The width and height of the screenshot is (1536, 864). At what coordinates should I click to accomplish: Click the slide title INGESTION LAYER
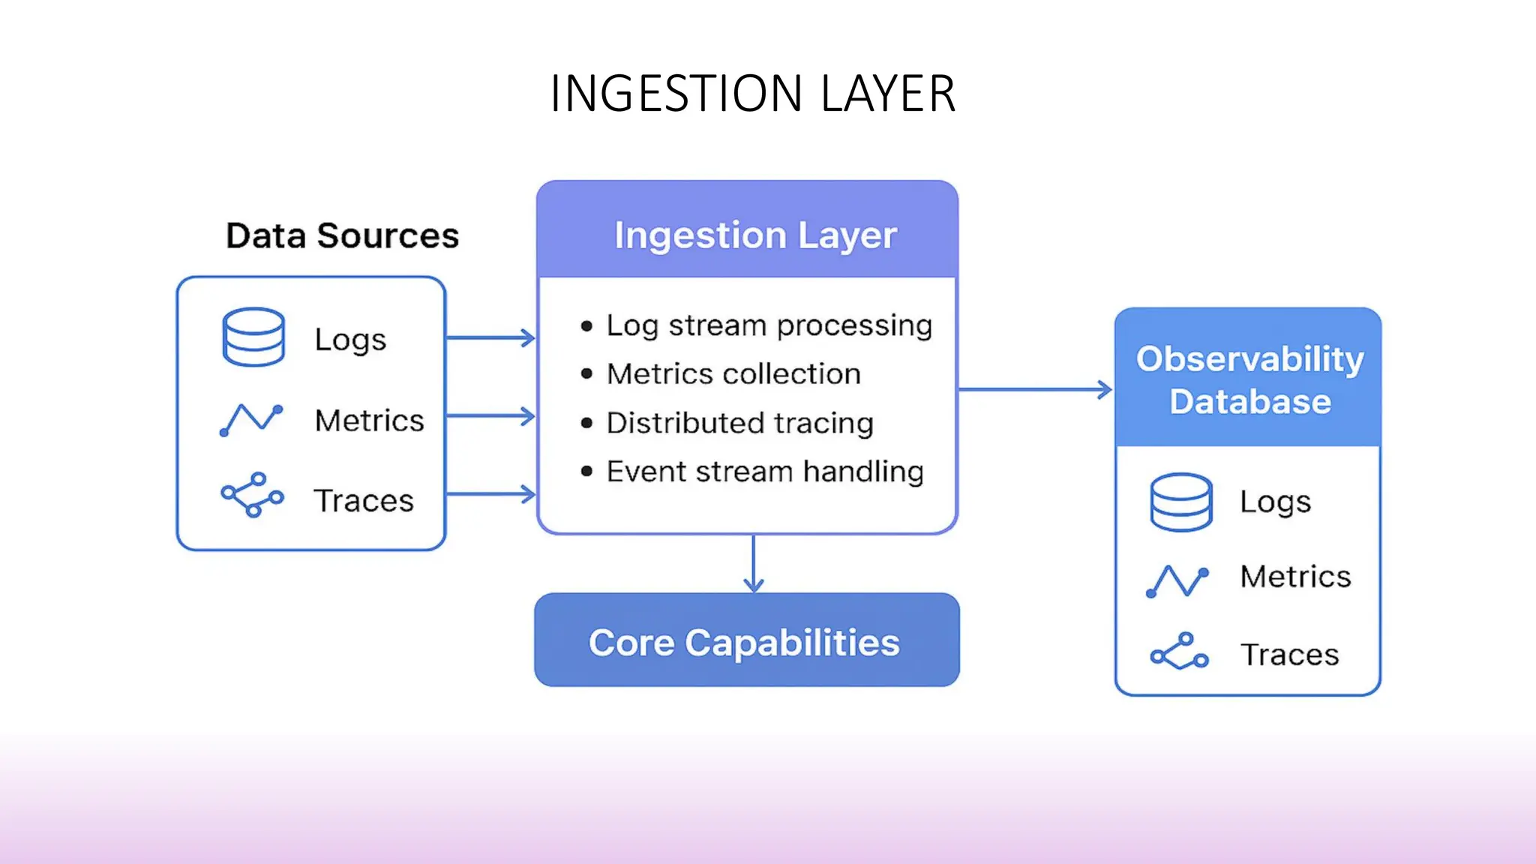(752, 94)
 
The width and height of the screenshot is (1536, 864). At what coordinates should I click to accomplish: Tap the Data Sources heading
(342, 235)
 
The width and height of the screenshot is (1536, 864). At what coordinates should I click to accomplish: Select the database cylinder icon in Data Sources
(253, 337)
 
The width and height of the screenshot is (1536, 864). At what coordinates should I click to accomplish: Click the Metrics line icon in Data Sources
(251, 419)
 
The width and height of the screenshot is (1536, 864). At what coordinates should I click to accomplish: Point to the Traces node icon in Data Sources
(253, 495)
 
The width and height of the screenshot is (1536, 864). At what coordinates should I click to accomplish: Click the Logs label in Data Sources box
(350, 340)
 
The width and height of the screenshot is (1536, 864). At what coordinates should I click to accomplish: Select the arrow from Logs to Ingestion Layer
(490, 338)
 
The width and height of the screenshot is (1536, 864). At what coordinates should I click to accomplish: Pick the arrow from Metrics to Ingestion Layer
(490, 415)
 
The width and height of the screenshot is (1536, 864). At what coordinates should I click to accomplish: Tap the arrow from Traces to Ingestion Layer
(490, 494)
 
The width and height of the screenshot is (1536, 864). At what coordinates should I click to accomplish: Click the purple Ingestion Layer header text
(755, 235)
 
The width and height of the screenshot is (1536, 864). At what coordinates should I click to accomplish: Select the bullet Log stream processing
(769, 325)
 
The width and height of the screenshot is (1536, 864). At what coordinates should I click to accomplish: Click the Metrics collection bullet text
(733, 373)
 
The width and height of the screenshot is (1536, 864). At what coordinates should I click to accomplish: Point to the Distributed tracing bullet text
(739, 423)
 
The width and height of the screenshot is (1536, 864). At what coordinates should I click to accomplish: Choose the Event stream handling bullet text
(765, 472)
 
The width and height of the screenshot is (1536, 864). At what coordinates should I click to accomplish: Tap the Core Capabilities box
(746, 641)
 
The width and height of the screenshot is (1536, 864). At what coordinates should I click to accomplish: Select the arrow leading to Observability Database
(1035, 389)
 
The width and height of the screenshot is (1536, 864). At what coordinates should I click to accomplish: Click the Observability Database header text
(1249, 379)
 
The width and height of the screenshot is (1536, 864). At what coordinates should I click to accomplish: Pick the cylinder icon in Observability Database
(1180, 502)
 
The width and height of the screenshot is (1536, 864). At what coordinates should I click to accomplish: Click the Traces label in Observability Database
(1289, 655)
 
